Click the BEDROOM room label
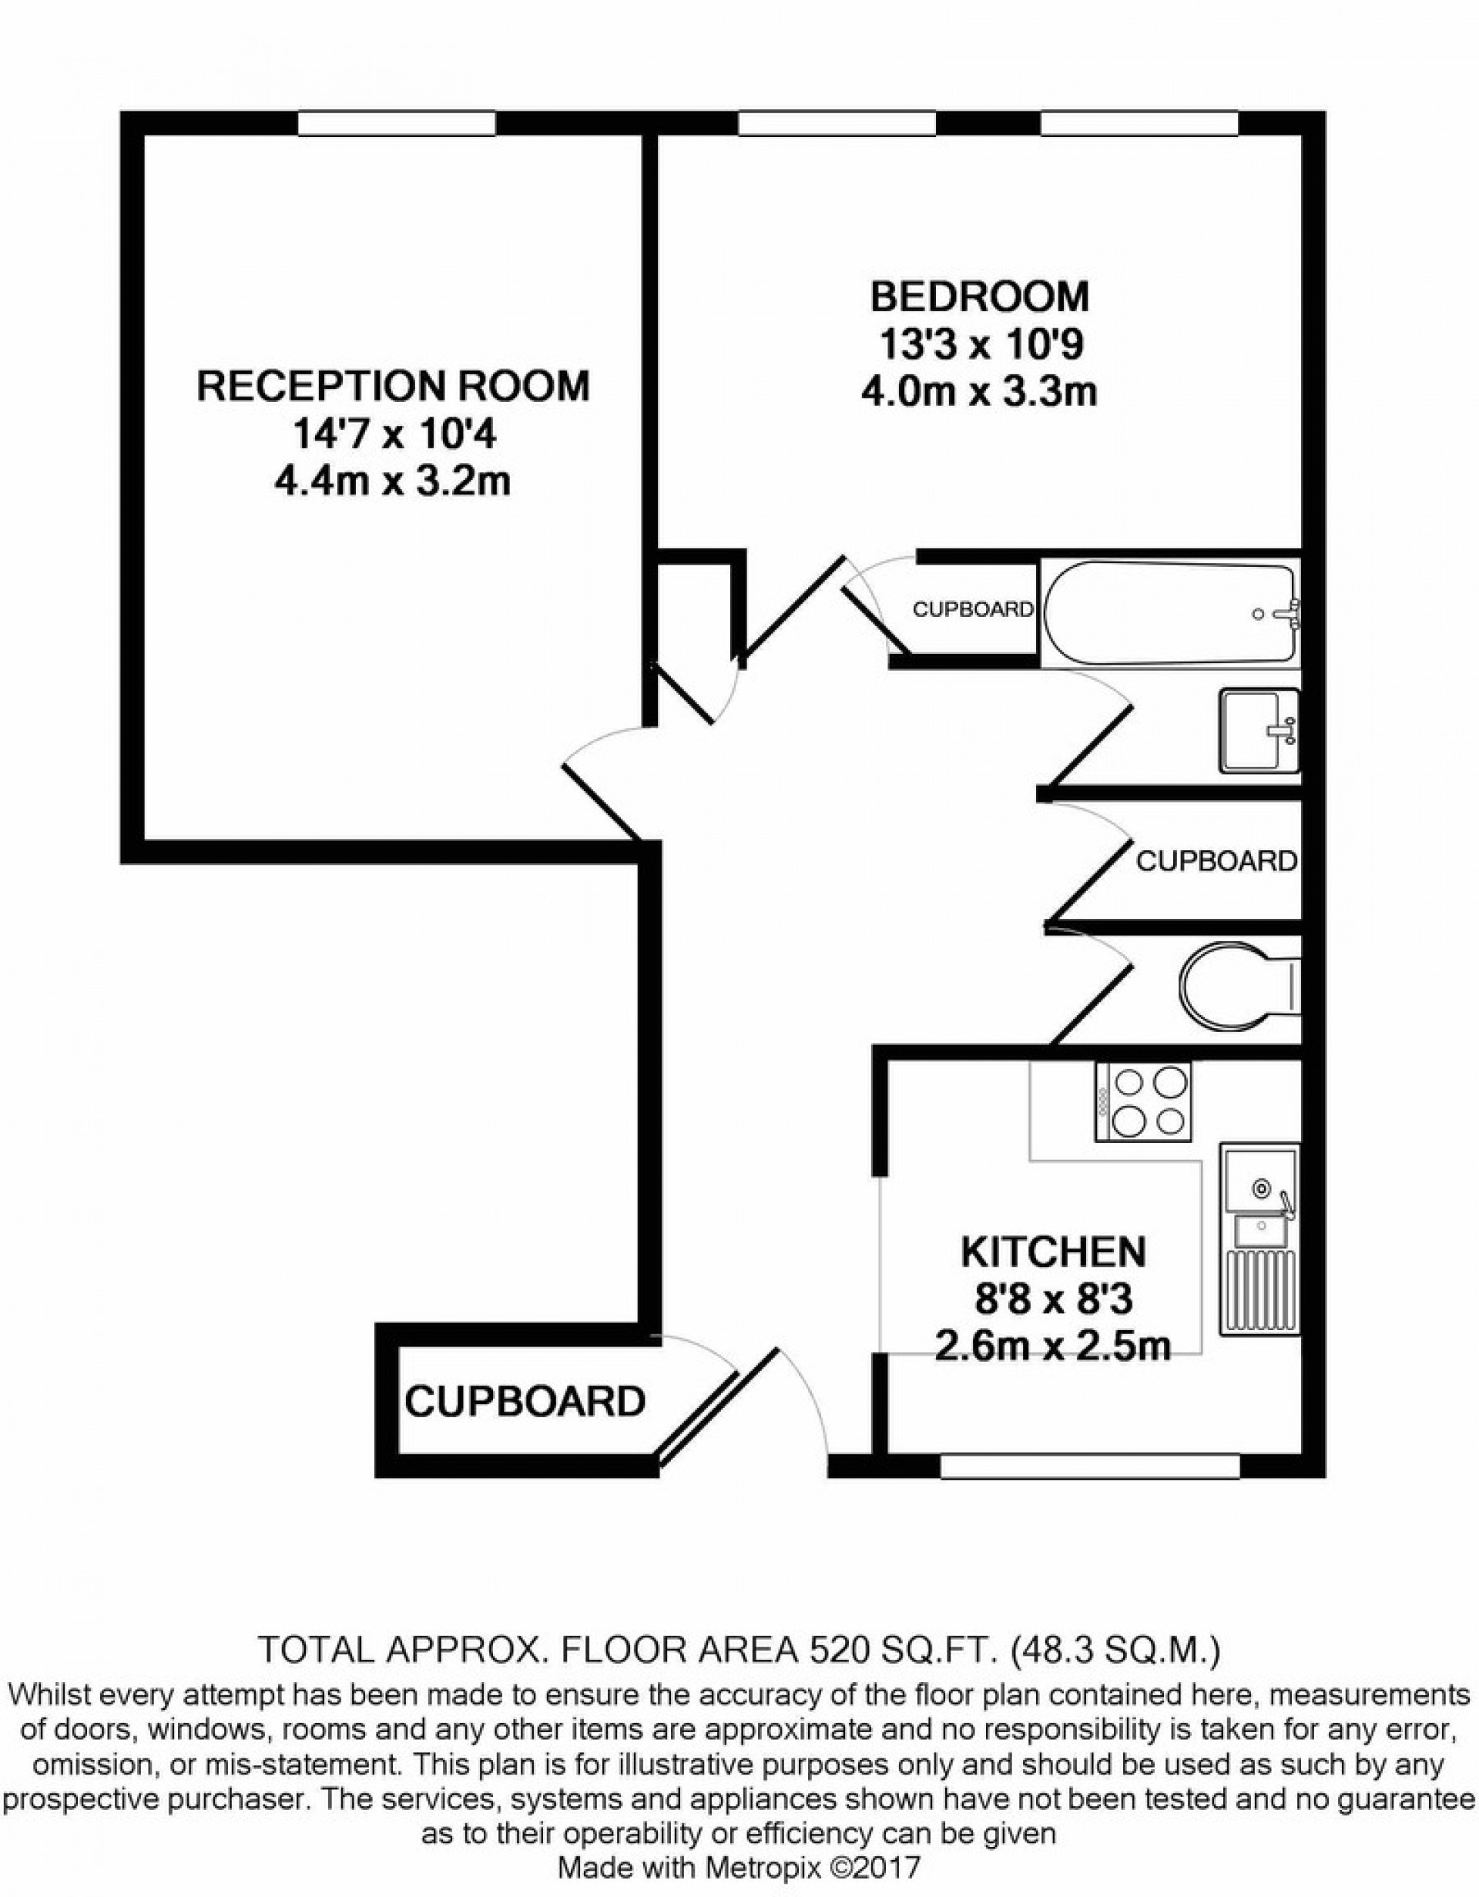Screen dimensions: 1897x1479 pos(979,297)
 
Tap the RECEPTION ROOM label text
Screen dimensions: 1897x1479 pos(394,387)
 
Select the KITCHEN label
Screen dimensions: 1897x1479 pos(1052,1252)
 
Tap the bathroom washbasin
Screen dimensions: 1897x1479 pos(1259,730)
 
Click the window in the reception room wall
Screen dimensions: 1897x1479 pos(396,123)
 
